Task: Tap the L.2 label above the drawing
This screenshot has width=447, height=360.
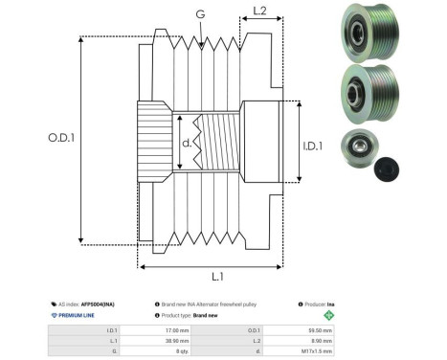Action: (x=258, y=12)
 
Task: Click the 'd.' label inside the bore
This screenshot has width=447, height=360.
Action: (x=186, y=145)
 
